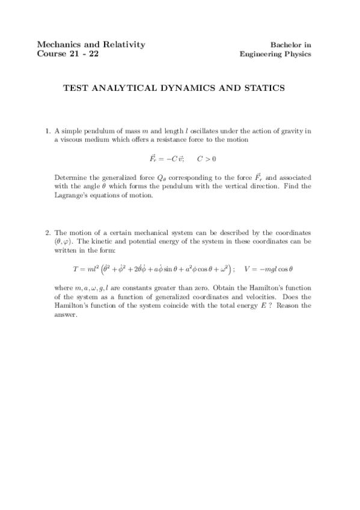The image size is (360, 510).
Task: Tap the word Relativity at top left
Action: (x=123, y=45)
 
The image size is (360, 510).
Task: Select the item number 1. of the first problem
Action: (x=49, y=131)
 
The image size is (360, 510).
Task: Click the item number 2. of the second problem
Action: (x=49, y=232)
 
